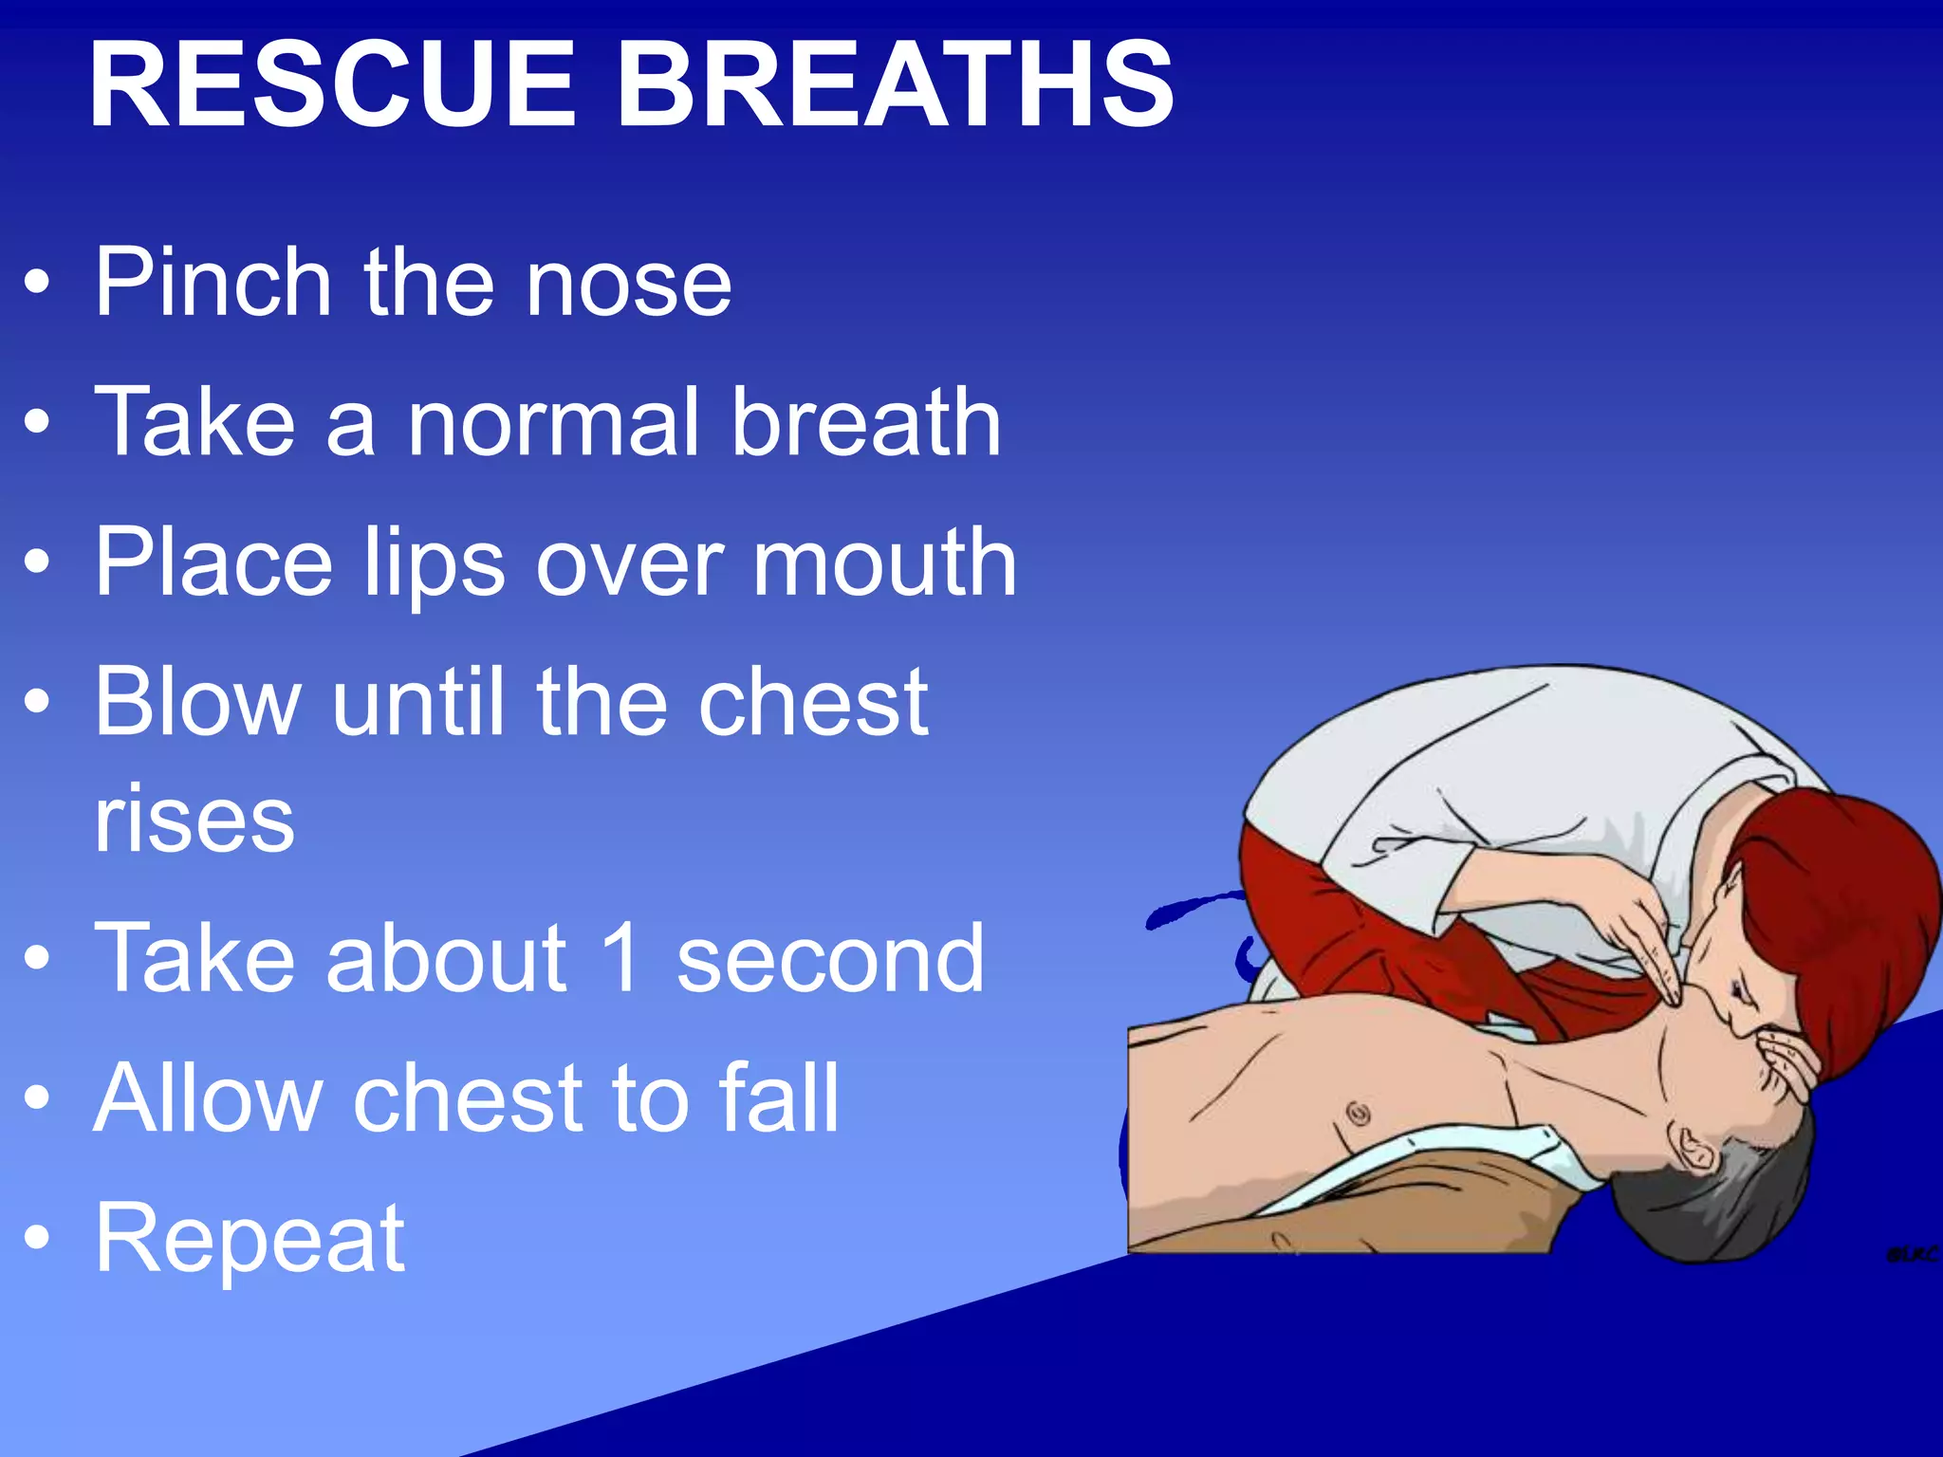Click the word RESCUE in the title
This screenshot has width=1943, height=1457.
tap(332, 85)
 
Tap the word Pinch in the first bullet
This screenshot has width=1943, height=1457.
tap(213, 282)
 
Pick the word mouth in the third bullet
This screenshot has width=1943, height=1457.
tap(885, 563)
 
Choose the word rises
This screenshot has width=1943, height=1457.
tap(194, 819)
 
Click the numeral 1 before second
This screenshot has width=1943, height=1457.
tap(621, 958)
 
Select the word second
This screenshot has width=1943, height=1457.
tap(830, 958)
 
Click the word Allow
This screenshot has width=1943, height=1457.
tap(209, 1098)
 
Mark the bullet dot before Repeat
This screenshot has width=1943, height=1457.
tap(37, 1238)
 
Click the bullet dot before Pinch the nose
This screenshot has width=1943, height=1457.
tap(37, 282)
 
